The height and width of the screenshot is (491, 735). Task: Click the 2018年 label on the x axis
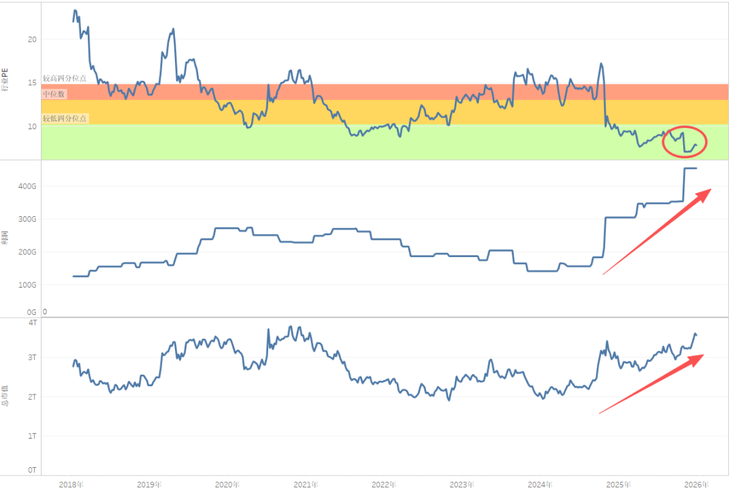(x=71, y=484)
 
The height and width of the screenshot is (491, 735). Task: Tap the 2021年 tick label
(x=306, y=484)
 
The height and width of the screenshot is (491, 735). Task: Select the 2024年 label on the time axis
(x=540, y=484)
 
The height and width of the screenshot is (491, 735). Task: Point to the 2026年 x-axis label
(x=696, y=484)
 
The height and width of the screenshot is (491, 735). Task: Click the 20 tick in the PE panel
(x=32, y=39)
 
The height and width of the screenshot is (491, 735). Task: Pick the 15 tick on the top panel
(x=32, y=83)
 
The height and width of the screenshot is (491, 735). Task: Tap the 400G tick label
(x=27, y=186)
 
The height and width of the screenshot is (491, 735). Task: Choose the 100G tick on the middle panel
(x=27, y=285)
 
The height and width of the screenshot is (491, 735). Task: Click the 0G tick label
(x=31, y=311)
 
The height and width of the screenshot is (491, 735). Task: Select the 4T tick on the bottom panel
(x=32, y=322)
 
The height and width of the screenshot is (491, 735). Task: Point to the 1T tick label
(x=32, y=435)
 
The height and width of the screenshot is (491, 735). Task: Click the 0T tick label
(x=32, y=470)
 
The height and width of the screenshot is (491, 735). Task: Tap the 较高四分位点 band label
(x=65, y=79)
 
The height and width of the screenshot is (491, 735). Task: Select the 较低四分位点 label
(x=65, y=118)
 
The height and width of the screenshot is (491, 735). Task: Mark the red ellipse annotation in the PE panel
(x=685, y=141)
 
